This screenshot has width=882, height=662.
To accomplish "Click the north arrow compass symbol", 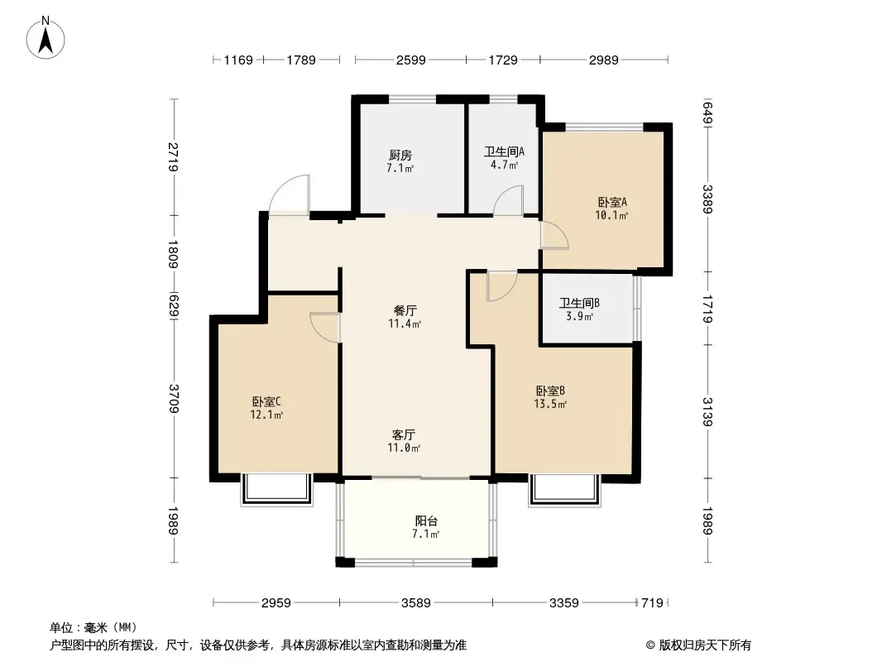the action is [46, 38].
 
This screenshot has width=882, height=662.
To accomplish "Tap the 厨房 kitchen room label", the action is [400, 156].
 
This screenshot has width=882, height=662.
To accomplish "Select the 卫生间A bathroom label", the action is [504, 152].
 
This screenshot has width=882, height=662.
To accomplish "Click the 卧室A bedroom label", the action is [612, 202].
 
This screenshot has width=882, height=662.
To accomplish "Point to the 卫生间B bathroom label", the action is [579, 303].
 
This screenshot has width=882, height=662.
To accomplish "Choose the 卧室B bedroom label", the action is [550, 391].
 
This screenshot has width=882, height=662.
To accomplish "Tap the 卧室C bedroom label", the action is [266, 401].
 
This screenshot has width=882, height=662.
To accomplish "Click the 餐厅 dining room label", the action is [405, 310].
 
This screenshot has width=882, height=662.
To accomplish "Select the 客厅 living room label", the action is [404, 434].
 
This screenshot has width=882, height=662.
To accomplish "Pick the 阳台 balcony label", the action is [426, 520].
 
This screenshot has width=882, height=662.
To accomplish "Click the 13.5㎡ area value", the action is [550, 404].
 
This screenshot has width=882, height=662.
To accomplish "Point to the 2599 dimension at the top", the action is [410, 60].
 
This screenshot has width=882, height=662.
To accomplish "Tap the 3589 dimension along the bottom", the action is [415, 603].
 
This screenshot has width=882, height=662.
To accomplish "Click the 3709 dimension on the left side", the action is [174, 398].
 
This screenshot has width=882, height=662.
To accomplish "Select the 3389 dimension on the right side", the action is [707, 199].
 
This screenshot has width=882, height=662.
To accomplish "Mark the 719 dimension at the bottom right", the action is [653, 603].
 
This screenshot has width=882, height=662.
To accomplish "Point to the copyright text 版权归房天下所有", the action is [705, 645].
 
